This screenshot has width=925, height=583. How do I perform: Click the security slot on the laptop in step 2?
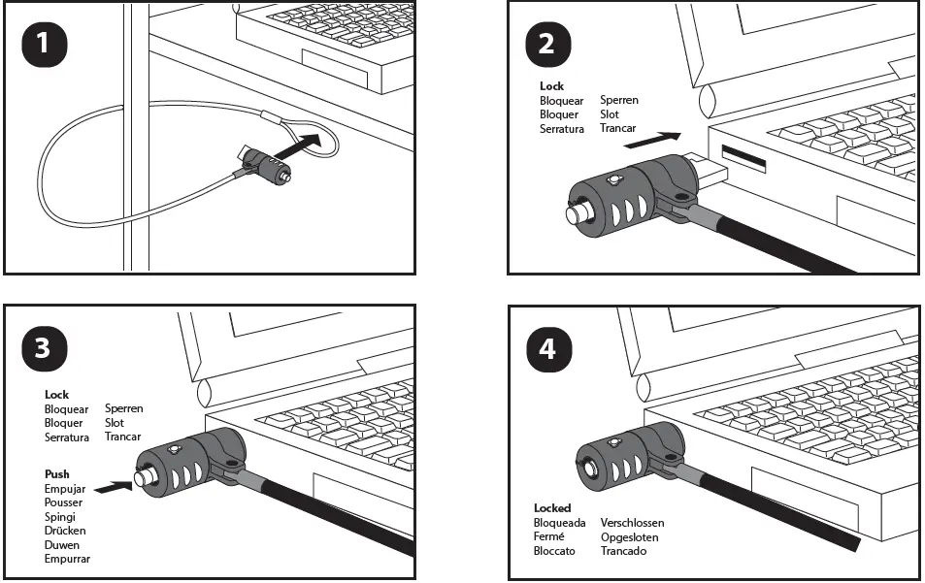[743, 155]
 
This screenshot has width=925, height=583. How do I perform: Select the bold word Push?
[57, 474]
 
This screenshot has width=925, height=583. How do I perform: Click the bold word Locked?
[552, 508]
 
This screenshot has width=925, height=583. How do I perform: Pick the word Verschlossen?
[632, 523]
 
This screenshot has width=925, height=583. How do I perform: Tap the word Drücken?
[65, 531]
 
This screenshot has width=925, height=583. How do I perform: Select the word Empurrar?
[67, 559]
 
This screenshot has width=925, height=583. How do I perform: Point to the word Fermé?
[549, 537]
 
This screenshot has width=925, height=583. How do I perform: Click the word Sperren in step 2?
[619, 100]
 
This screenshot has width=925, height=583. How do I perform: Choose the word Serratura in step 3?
[67, 437]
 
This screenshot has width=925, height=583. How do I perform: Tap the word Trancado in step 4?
[623, 551]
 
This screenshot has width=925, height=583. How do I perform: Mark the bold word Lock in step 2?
[551, 86]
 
